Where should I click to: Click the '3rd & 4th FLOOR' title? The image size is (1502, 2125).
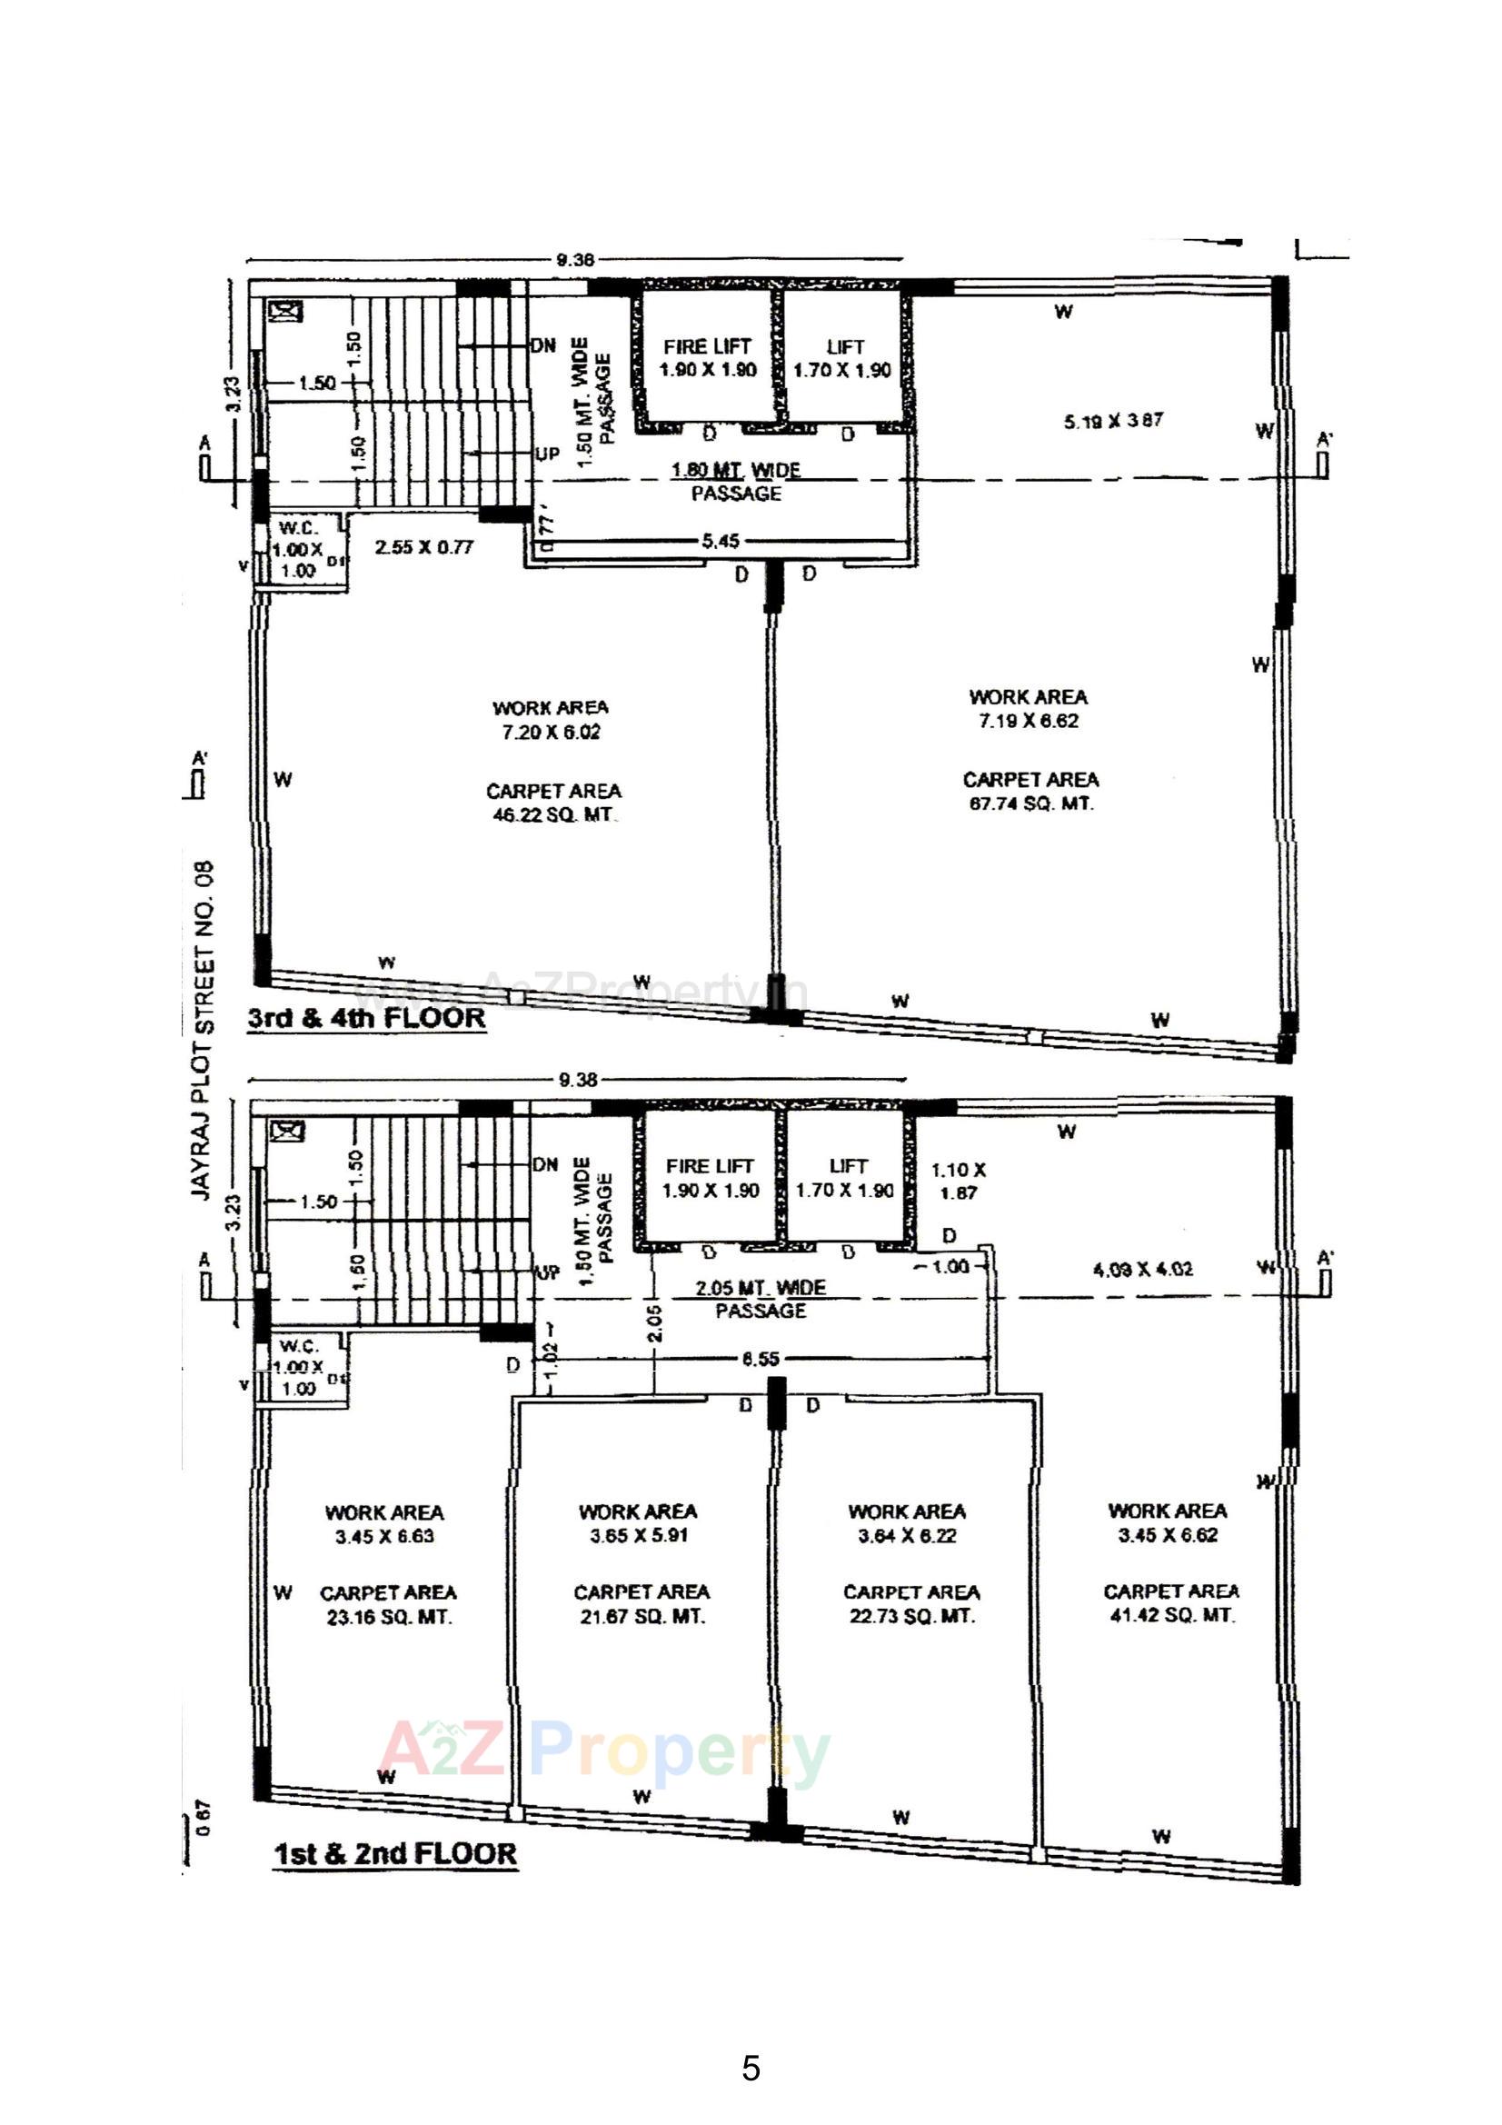[x=366, y=1018]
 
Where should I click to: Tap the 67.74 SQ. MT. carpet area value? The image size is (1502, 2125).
[x=1031, y=803]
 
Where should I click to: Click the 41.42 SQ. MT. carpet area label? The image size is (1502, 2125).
[x=1171, y=1615]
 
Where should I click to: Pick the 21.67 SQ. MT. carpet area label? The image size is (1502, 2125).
[x=642, y=1616]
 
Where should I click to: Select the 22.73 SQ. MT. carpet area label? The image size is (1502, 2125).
[x=911, y=1616]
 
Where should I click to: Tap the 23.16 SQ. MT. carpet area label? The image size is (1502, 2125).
[x=389, y=1617]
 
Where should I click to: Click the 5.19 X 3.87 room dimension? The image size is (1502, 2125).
[x=1113, y=421]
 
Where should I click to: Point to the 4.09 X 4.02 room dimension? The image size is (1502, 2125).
[x=1143, y=1269]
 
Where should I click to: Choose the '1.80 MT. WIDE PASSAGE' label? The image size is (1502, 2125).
[x=737, y=482]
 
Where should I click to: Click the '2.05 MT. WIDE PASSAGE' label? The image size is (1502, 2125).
[x=761, y=1299]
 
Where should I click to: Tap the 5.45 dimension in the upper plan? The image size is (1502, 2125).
[x=720, y=542]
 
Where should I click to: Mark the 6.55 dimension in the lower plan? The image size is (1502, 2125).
[x=760, y=1359]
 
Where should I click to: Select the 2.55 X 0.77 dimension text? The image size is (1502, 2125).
[x=423, y=547]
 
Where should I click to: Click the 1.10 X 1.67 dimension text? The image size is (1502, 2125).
[x=959, y=1181]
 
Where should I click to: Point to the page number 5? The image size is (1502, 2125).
[x=751, y=2069]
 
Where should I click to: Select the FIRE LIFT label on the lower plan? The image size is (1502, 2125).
[x=710, y=1166]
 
